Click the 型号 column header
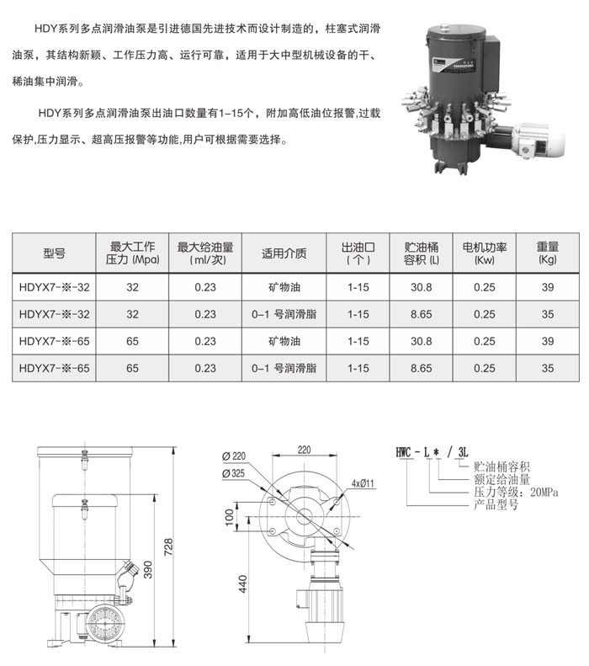click(x=54, y=253)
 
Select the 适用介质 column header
click(x=284, y=253)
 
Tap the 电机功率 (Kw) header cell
click(x=484, y=253)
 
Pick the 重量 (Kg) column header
click(x=548, y=253)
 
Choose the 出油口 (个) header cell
click(x=358, y=253)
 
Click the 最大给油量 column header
click(x=205, y=253)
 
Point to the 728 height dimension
click(x=168, y=546)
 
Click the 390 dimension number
click(x=147, y=569)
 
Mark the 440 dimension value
click(x=242, y=584)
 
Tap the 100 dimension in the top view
click(x=229, y=517)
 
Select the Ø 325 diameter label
click(x=233, y=473)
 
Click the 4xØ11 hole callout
click(x=363, y=483)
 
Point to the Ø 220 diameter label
click(x=233, y=456)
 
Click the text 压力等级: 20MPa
click(x=516, y=493)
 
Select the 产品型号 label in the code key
click(x=496, y=504)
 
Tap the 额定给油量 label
click(x=502, y=480)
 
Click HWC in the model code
click(x=403, y=452)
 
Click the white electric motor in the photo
click(x=539, y=138)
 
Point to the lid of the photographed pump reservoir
click(x=456, y=31)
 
